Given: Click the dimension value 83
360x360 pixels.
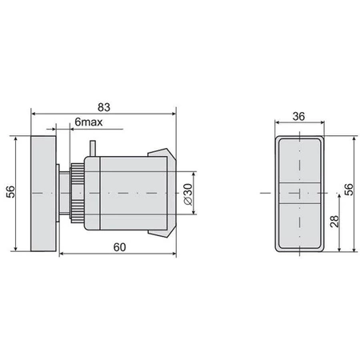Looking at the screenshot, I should coord(105,104).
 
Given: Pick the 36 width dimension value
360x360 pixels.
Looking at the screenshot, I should coord(299,116).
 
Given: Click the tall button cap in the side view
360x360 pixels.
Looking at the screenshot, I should coord(42,194).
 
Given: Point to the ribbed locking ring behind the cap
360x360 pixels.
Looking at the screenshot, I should coord(78,194).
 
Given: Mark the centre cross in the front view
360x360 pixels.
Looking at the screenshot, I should coord(299,194).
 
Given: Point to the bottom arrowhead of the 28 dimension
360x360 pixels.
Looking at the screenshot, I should coord(342,250).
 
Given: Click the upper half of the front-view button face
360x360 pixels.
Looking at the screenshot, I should coord(299,164).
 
